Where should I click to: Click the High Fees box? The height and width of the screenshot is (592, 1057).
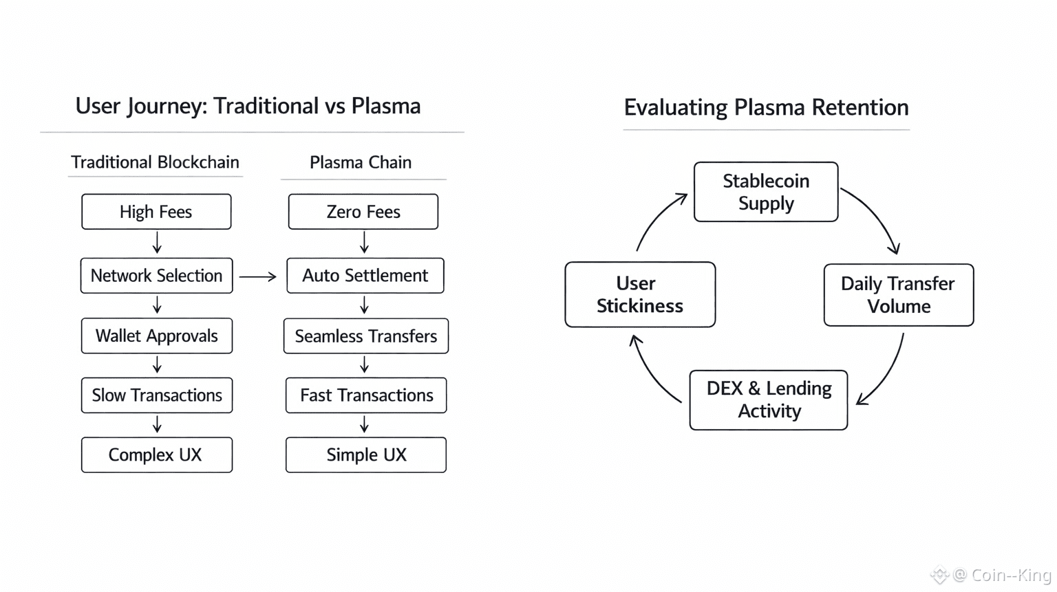click(156, 212)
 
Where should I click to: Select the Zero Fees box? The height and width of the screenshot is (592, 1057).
click(363, 212)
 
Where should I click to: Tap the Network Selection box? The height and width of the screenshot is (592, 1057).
click(156, 276)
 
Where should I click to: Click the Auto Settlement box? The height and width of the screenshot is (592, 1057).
click(365, 276)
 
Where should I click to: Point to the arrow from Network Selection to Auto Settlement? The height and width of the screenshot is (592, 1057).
click(257, 276)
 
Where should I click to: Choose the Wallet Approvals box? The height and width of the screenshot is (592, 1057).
click(156, 336)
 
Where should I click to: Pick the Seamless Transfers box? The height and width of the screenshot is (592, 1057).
click(365, 336)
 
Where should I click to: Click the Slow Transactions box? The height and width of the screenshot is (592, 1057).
click(156, 395)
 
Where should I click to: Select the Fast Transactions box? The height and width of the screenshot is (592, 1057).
click(366, 395)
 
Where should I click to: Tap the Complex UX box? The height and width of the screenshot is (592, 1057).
click(156, 455)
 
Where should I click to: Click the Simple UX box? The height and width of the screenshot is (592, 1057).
click(366, 455)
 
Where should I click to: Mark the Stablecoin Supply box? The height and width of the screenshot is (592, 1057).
click(766, 192)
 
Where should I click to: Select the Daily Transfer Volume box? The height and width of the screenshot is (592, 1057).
click(898, 295)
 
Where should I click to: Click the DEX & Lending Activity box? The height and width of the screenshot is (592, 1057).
click(768, 400)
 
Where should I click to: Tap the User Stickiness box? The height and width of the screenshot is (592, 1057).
click(640, 294)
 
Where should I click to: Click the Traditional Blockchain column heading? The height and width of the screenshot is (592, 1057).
click(155, 162)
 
